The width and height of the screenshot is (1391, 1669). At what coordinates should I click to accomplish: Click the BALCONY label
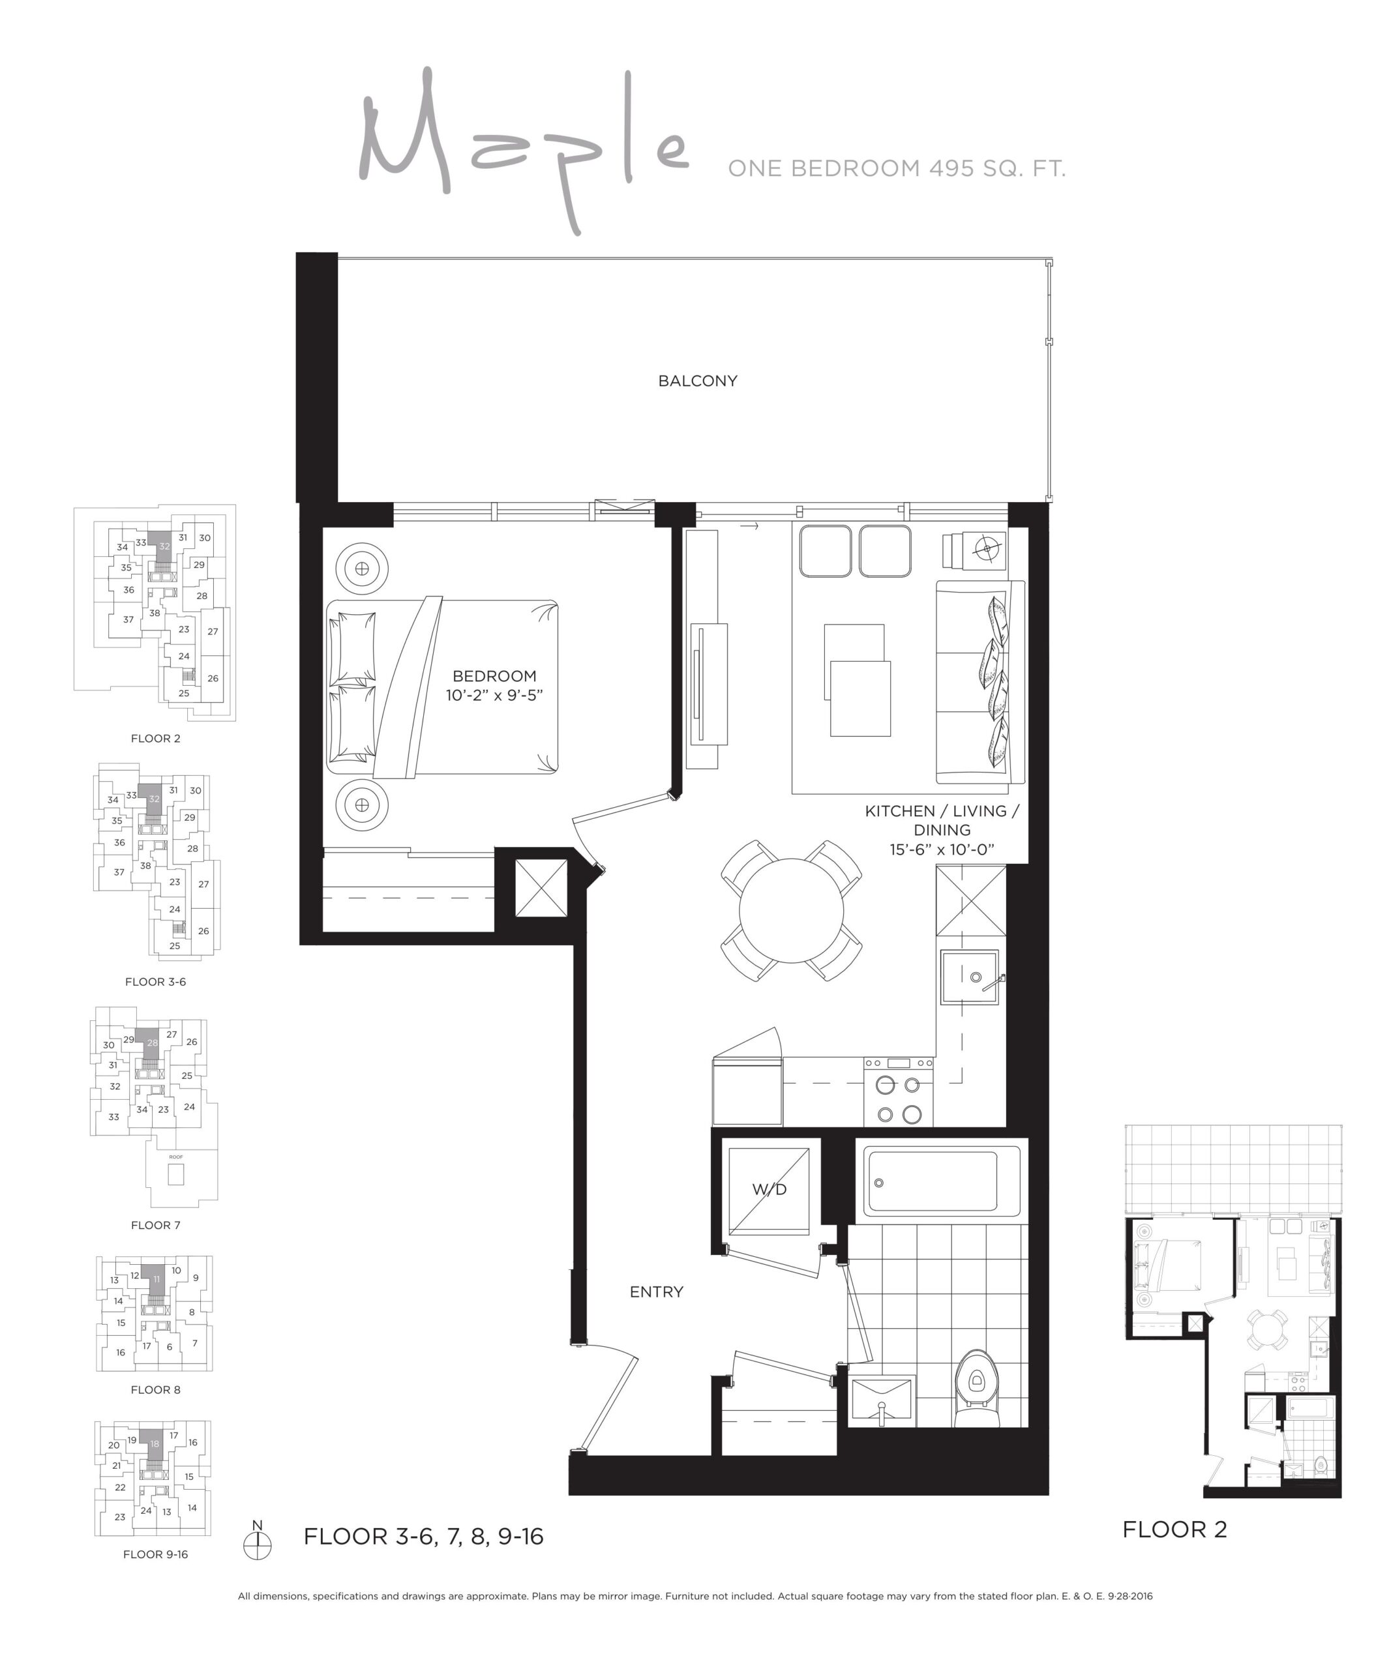(697, 381)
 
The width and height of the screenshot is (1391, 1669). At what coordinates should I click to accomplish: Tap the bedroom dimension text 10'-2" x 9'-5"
(494, 696)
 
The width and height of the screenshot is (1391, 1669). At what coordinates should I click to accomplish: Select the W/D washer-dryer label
(769, 1189)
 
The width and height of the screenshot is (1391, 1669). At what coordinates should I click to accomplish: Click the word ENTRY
(656, 1292)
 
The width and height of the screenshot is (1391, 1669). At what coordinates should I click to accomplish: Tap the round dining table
(791, 910)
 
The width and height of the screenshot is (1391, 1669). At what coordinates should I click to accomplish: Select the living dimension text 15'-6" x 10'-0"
(941, 849)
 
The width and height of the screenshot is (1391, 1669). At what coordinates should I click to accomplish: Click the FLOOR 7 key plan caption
(156, 1225)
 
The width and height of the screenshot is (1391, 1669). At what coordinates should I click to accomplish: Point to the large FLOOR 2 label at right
(1174, 1529)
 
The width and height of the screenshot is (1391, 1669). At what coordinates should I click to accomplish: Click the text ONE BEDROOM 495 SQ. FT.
(897, 168)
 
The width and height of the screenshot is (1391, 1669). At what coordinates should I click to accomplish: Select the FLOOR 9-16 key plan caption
(156, 1554)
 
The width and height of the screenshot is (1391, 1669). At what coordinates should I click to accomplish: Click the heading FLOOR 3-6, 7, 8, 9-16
(424, 1536)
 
